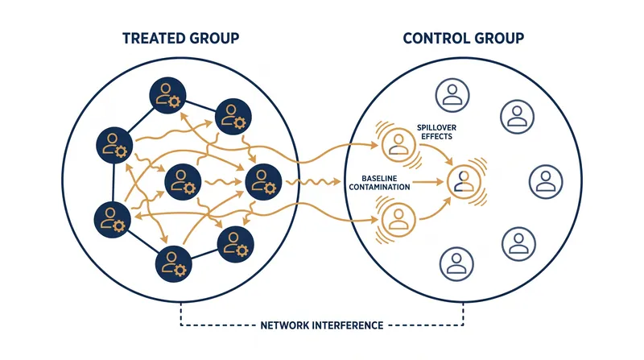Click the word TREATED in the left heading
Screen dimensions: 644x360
[151, 38]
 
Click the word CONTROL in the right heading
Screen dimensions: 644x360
[436, 38]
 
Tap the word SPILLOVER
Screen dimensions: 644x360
[436, 127]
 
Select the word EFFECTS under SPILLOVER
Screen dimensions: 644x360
[436, 136]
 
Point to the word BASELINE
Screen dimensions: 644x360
[379, 178]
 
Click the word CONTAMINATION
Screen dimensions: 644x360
[379, 188]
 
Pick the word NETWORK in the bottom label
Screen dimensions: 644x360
[284, 325]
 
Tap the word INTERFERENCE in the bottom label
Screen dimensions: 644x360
[347, 325]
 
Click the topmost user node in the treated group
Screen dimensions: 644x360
[167, 95]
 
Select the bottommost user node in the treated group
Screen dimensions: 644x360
[173, 263]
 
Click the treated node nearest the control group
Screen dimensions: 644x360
[264, 182]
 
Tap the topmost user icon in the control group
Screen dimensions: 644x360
[452, 95]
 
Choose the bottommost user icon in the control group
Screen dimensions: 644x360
[456, 264]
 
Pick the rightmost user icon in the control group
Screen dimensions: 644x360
[546, 182]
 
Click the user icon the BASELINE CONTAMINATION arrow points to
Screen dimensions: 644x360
[464, 182]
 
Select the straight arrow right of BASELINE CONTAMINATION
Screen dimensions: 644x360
[428, 182]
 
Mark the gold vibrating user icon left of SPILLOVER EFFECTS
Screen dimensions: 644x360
[398, 145]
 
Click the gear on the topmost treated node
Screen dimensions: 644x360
[174, 101]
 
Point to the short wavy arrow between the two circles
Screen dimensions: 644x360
[313, 182]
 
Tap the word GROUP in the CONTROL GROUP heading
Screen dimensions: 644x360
[499, 38]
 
